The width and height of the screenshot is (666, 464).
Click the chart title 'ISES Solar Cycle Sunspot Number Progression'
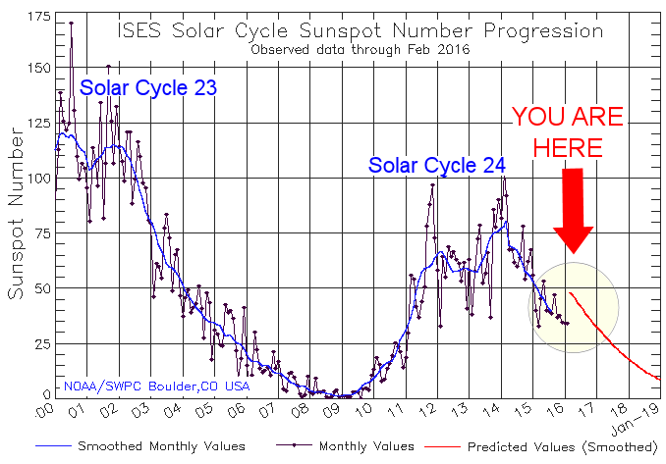point(358,29)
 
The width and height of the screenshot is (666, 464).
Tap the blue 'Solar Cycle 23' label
point(147,88)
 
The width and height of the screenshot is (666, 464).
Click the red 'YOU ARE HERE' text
point(567,132)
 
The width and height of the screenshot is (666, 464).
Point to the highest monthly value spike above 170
point(71,23)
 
